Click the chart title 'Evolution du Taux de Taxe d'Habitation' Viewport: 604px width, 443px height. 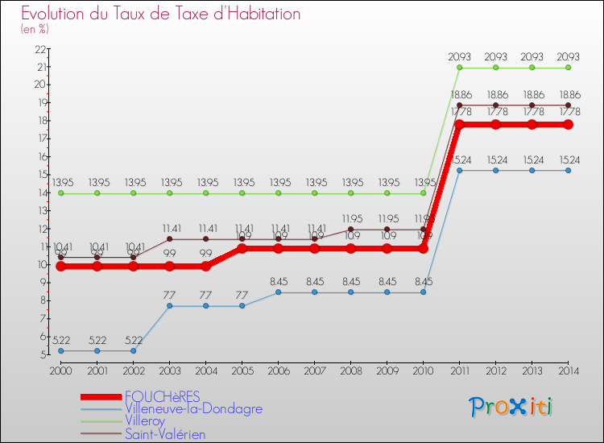(x=160, y=14)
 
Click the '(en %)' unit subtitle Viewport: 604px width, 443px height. (x=35, y=29)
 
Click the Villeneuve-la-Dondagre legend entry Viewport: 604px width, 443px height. (x=193, y=408)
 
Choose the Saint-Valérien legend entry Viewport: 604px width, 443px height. (x=165, y=434)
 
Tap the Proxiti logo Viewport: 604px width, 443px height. (x=511, y=407)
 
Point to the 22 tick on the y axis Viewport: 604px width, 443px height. (x=40, y=49)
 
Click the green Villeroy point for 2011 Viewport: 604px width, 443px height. (x=459, y=68)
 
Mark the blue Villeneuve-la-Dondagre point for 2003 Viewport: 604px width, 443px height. (x=169, y=306)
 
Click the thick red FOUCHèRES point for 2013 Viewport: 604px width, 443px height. (x=532, y=125)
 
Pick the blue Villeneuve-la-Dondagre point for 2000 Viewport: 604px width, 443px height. (x=60, y=350)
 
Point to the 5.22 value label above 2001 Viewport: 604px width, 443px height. (x=97, y=341)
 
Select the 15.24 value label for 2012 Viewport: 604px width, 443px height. (x=495, y=159)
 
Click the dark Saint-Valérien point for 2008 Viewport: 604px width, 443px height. (x=350, y=230)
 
